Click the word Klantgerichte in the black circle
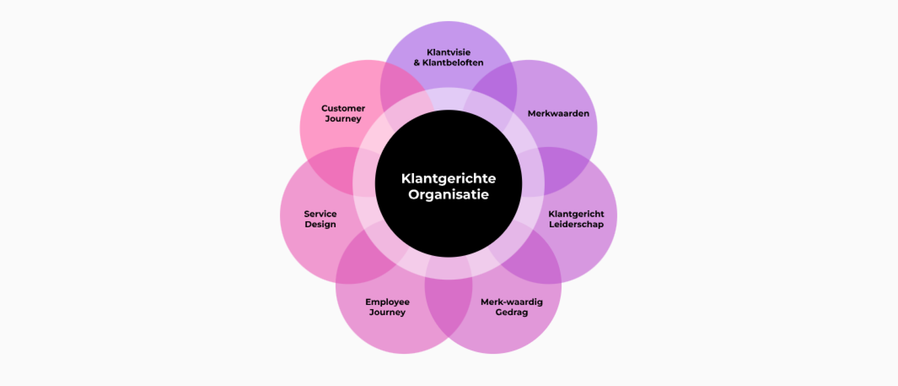(x=448, y=179)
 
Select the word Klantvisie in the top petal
(x=449, y=52)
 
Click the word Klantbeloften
(x=453, y=63)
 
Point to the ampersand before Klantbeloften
(x=417, y=63)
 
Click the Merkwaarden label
(x=558, y=113)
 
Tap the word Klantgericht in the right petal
(x=576, y=214)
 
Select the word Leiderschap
(x=576, y=224)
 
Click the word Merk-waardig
(x=512, y=302)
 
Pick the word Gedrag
(x=511, y=312)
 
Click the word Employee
(x=388, y=302)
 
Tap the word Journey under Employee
(x=387, y=312)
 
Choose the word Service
(x=320, y=214)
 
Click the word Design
(x=320, y=224)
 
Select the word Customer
(x=343, y=109)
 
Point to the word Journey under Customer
(x=343, y=119)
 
